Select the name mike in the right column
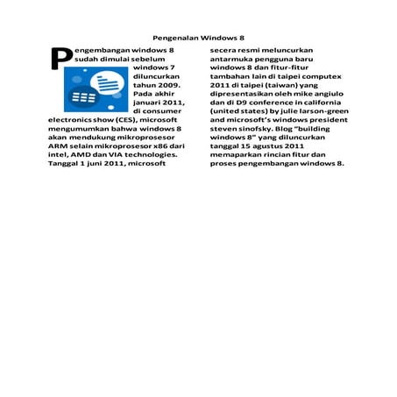pos(288,94)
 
